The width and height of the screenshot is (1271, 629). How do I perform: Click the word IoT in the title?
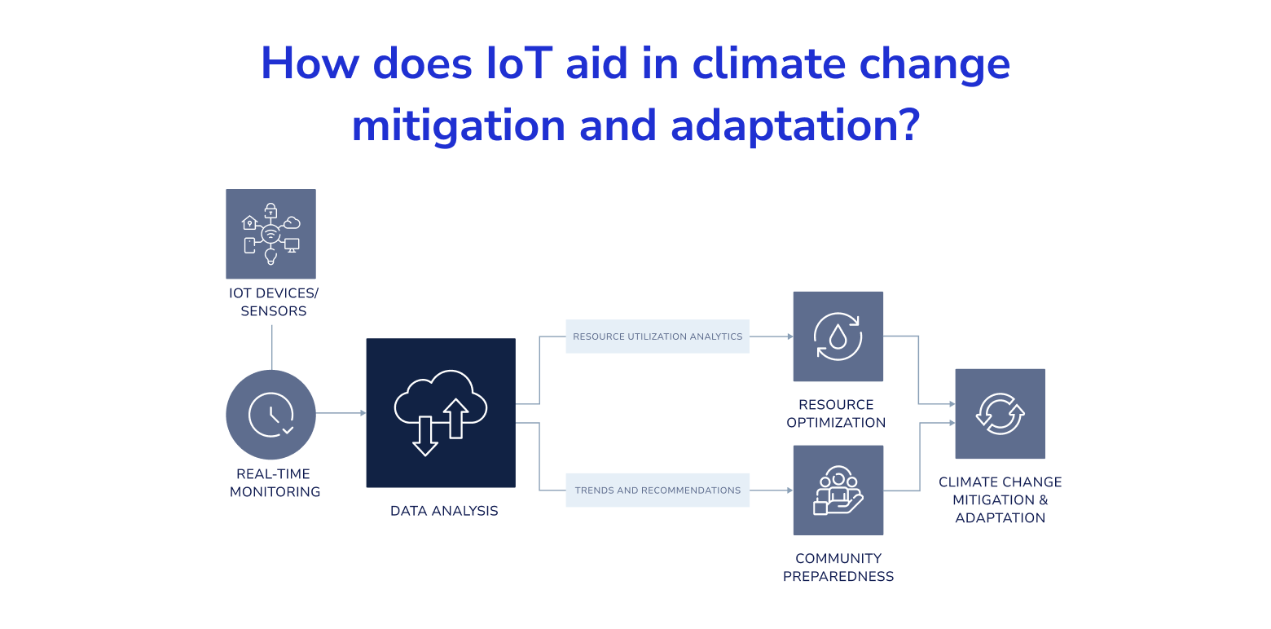point(519,63)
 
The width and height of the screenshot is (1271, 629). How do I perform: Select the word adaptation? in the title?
point(795,126)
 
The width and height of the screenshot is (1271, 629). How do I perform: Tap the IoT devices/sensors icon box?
point(270,234)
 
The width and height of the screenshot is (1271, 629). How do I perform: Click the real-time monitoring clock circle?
point(270,415)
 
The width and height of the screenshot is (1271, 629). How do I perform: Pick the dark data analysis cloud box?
point(441,413)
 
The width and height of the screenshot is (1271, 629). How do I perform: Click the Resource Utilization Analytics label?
point(657,336)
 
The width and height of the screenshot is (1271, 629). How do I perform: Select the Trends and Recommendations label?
point(657,490)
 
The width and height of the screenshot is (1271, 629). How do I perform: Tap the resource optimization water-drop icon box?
point(838,336)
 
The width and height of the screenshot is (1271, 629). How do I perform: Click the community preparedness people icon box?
point(838,490)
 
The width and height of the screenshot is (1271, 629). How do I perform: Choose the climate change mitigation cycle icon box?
point(1001,414)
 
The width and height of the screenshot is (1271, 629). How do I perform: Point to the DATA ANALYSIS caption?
point(444,511)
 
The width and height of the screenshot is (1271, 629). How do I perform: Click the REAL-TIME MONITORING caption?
point(275,482)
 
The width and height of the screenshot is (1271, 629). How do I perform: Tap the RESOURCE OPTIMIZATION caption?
point(836,413)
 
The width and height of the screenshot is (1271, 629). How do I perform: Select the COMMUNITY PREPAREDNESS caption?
point(838,567)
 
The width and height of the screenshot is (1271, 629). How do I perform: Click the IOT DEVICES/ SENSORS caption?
point(274,301)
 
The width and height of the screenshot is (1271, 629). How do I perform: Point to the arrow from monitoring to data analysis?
point(341,413)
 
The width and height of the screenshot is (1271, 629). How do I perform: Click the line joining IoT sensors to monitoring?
point(272,347)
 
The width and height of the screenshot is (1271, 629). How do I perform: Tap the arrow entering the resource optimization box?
point(772,336)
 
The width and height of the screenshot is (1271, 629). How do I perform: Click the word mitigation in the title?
point(459,126)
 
